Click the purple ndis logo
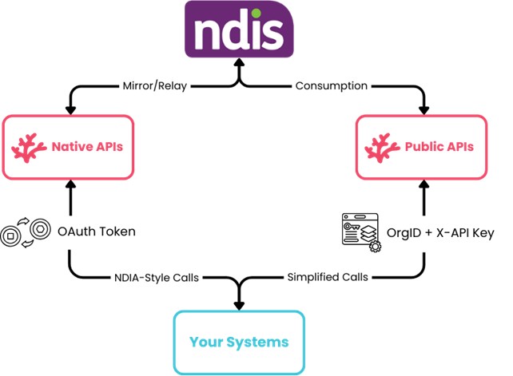[239, 29]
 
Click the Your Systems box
[239, 342]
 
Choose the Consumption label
[331, 85]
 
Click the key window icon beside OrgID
[359, 232]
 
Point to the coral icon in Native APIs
[30, 146]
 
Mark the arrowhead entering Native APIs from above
[69, 109]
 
